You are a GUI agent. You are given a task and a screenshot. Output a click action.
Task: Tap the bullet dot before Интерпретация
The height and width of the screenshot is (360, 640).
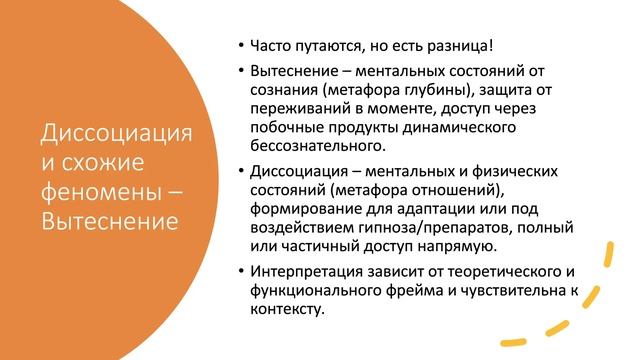[x=241, y=271]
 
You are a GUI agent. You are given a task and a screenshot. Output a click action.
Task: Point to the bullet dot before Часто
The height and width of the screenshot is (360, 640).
[x=241, y=46]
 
